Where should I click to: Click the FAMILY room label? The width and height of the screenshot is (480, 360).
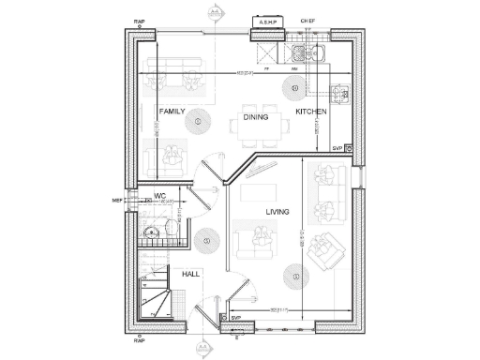172,111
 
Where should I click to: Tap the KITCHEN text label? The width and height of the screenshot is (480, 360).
311,112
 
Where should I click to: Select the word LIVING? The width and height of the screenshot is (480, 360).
278,212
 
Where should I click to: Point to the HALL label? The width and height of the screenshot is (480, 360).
191,274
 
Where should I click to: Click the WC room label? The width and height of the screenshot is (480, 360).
160,197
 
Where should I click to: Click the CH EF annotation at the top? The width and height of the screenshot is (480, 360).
307,20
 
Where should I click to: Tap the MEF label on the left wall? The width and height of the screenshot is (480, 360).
117,199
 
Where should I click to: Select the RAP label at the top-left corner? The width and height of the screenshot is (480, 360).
140,19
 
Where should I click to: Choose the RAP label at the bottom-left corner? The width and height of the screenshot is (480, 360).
140,341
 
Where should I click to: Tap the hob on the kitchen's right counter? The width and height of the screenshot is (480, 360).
340,93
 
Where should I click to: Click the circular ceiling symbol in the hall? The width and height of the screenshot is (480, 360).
206,241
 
